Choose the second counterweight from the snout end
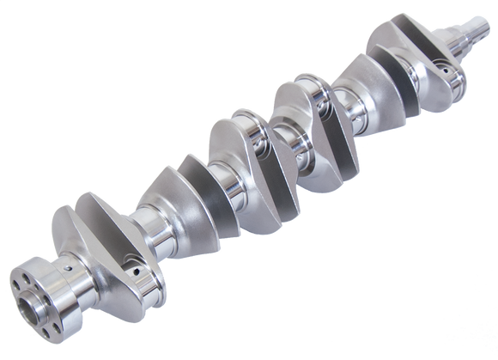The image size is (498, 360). pos(361,77)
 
